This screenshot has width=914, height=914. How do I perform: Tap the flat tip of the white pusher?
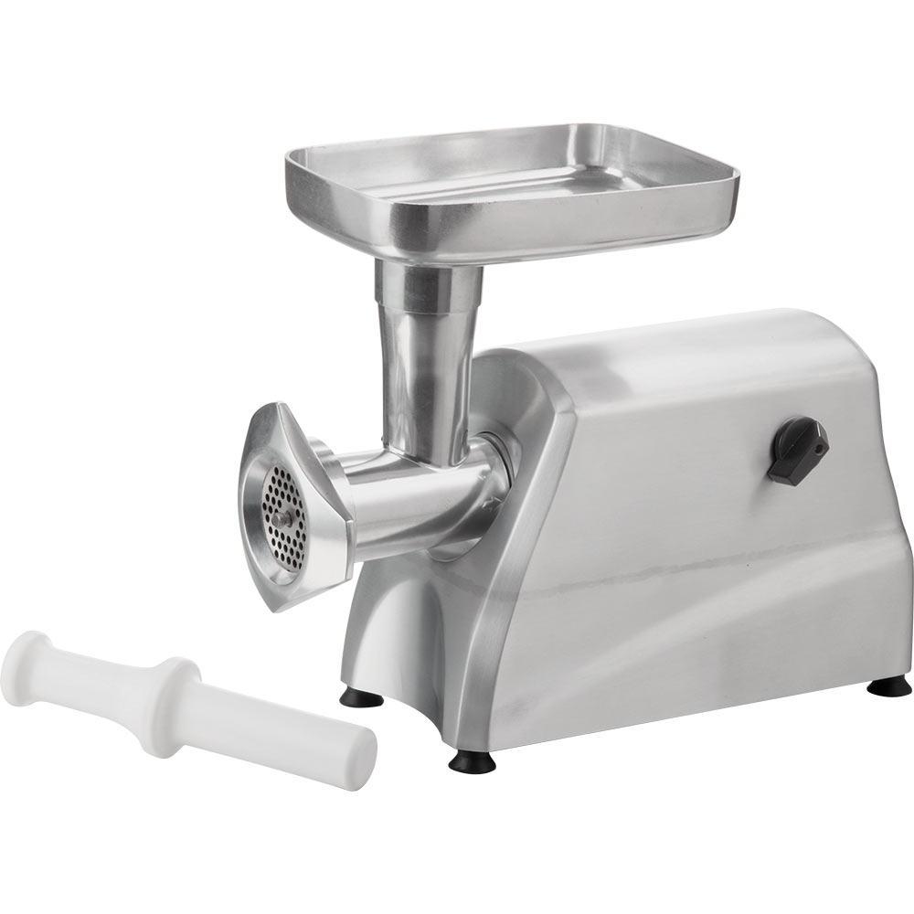click(362, 759)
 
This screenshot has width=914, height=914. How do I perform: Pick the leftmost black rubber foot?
click(362, 698)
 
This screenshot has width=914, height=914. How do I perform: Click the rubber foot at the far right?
click(888, 686)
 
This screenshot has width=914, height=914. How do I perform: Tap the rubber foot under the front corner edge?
click(472, 761)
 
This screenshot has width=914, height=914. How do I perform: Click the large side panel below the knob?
click(722, 585)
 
